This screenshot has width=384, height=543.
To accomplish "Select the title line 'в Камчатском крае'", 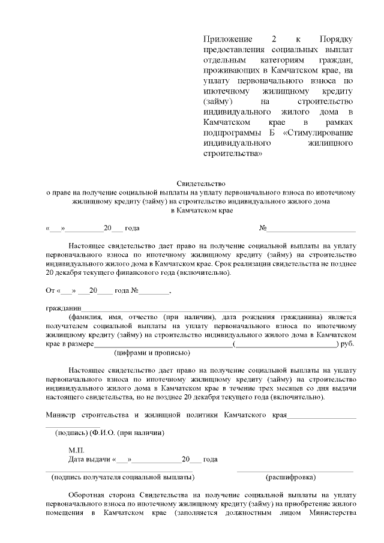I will point(200,211).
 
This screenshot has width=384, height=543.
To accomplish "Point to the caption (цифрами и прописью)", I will point(152,353).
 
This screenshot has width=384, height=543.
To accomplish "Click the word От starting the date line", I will point(50,291).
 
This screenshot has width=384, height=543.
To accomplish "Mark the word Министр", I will point(62,415).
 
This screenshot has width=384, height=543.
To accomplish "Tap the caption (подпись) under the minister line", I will point(71,433).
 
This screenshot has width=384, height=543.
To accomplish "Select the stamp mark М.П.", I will point(76,450).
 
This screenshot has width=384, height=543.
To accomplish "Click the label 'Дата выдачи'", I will point(88,460).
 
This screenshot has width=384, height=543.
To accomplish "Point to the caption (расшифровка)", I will point(291,478).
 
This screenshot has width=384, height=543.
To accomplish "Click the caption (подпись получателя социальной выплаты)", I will point(123,478).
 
